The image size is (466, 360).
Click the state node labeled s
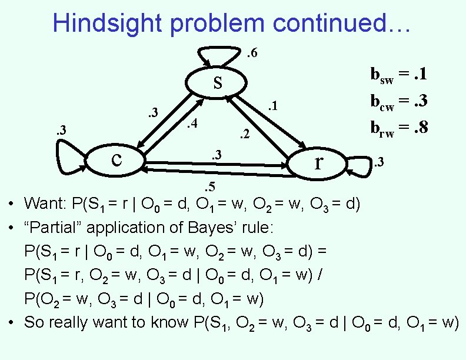[x=218, y=83]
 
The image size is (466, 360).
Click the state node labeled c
[x=116, y=159]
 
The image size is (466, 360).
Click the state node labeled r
[x=318, y=161]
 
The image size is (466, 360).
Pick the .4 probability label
[x=191, y=124]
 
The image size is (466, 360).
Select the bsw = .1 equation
[x=398, y=75]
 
